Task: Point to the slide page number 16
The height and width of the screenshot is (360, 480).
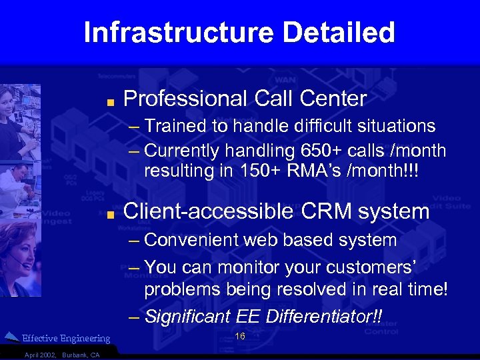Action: click(x=240, y=337)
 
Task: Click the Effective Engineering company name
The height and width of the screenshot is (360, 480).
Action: click(x=67, y=339)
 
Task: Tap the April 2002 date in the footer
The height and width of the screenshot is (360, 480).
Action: click(x=39, y=355)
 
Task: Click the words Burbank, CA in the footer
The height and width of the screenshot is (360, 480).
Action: click(x=81, y=355)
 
